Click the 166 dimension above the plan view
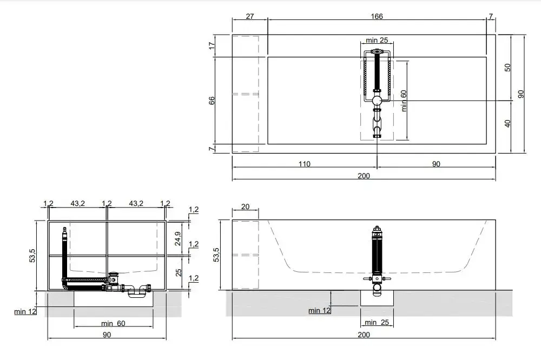tap(377, 16)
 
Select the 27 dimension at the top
tap(250, 16)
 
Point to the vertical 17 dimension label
tap(212, 45)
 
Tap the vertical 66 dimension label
tap(212, 101)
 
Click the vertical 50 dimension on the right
tap(507, 68)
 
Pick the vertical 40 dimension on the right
tap(507, 123)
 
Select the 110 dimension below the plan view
tap(304, 164)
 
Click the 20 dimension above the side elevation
tap(245, 206)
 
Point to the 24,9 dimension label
tap(177, 238)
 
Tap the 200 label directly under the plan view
tap(364, 176)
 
